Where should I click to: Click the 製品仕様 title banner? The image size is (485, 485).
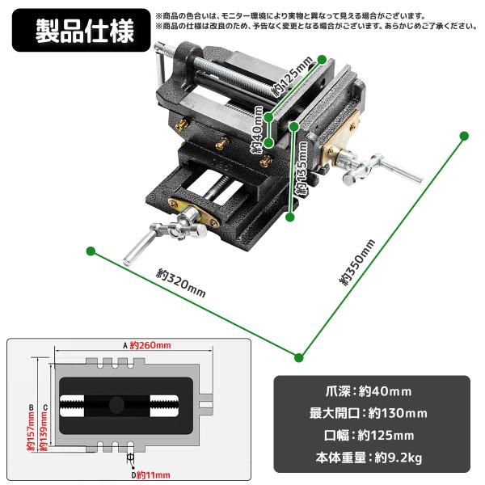(x=81, y=30)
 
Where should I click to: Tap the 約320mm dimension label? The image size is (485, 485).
(x=180, y=283)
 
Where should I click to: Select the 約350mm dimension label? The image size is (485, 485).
(x=357, y=262)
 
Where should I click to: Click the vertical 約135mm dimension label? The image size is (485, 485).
(x=302, y=170)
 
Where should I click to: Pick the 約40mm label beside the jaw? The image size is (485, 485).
(x=257, y=129)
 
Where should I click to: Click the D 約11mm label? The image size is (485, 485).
(x=150, y=475)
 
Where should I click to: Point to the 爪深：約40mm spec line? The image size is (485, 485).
(x=369, y=391)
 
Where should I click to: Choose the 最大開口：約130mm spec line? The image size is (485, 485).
(x=369, y=413)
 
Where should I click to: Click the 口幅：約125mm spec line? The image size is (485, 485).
(x=369, y=436)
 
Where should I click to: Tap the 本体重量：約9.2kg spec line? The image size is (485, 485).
(x=369, y=458)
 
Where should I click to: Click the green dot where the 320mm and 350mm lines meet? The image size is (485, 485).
(x=298, y=357)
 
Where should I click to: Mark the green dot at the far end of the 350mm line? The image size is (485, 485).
(x=464, y=136)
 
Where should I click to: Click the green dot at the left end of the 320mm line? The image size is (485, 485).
(x=91, y=251)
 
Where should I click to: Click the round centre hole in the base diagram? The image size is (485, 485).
(x=116, y=405)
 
